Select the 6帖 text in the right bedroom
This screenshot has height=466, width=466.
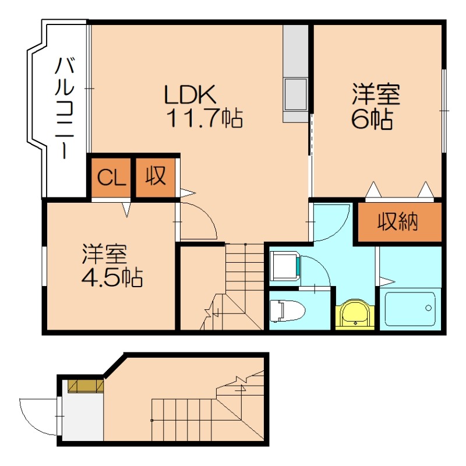[371, 119]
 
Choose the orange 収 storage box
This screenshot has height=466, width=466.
[156, 176]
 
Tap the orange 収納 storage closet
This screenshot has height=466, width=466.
[399, 221]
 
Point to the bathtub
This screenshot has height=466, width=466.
[410, 309]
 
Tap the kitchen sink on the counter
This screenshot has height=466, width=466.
[295, 93]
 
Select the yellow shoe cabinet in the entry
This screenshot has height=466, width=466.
[86, 386]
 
